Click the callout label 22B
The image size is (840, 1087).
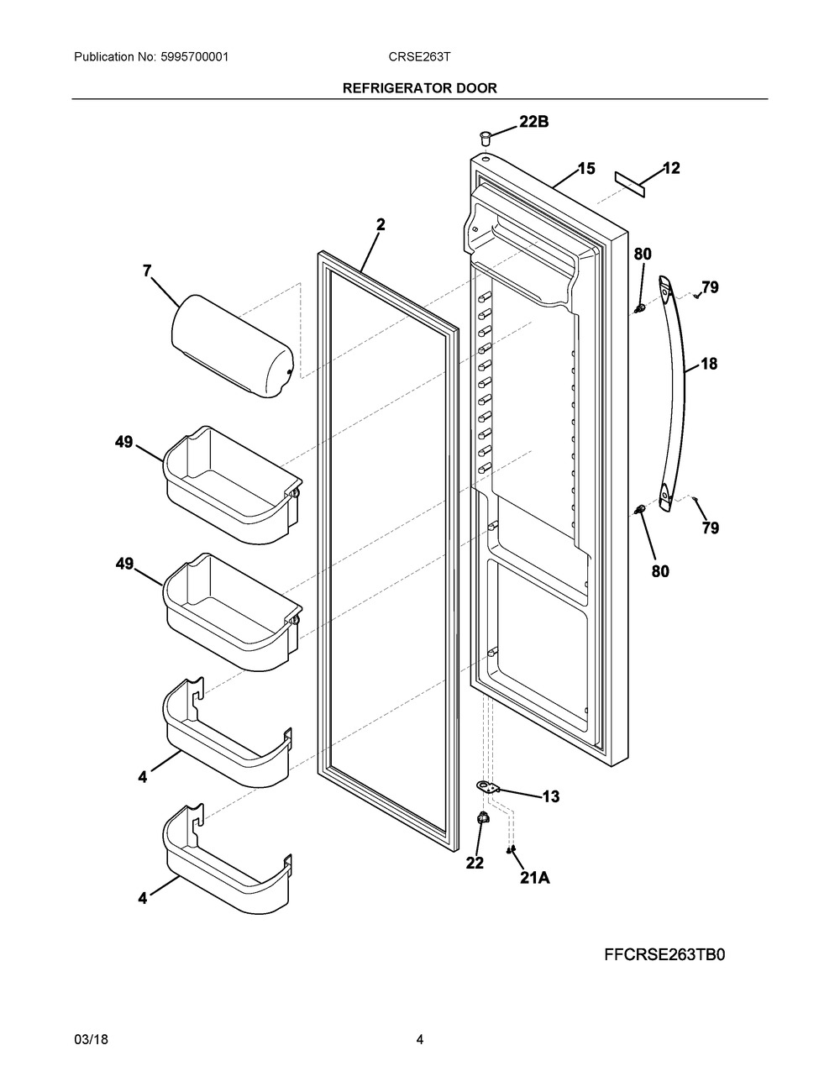click(534, 122)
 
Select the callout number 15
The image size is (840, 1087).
click(586, 169)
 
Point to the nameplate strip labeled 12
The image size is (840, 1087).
click(630, 184)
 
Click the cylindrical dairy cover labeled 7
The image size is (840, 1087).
click(232, 346)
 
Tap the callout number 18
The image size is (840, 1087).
click(708, 364)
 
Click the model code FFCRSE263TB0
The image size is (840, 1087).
click(664, 955)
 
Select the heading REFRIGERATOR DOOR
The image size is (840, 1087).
click(420, 88)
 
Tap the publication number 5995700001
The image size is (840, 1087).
click(195, 57)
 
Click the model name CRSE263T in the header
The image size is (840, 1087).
click(419, 57)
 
